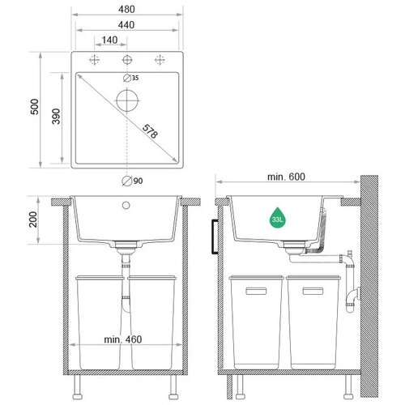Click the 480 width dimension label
pyautogui.click(x=126, y=9)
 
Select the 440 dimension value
pyautogui.click(x=126, y=25)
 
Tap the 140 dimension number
pyautogui.click(x=109, y=40)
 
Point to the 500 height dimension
pyautogui.click(x=35, y=107)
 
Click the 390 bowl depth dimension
pyautogui.click(x=56, y=116)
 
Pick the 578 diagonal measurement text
pyautogui.click(x=150, y=131)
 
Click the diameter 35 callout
pyautogui.click(x=131, y=78)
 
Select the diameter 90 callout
pyautogui.click(x=132, y=181)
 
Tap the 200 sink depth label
pyautogui.click(x=33, y=220)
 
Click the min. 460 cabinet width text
pyautogui.click(x=123, y=339)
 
